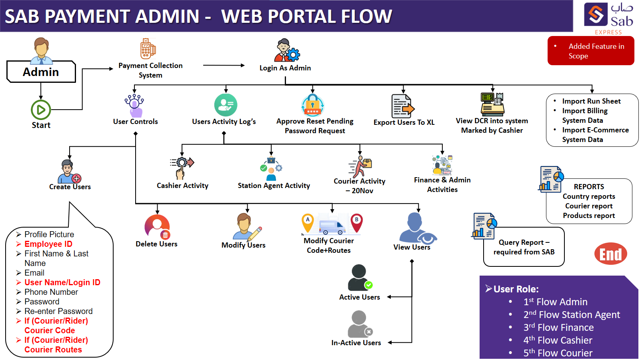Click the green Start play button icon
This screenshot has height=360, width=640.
(x=41, y=110)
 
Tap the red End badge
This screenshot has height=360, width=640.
(x=610, y=254)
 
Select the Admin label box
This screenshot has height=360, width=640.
(x=41, y=72)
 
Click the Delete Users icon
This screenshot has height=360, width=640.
(x=157, y=227)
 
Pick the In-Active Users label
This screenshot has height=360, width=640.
(x=356, y=343)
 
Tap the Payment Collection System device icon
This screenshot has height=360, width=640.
(x=148, y=49)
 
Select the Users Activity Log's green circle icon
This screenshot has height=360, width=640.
(x=226, y=105)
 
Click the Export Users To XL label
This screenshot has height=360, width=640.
(x=404, y=122)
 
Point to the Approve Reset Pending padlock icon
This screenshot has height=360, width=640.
(x=312, y=105)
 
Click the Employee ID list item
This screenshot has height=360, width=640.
(x=48, y=244)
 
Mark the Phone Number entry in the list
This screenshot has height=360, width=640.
(x=51, y=292)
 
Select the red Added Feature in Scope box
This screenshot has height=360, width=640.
(x=591, y=51)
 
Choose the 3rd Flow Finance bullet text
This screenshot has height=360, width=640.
(x=558, y=328)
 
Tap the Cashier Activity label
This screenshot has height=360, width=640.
(x=182, y=186)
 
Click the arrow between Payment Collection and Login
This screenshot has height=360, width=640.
(x=224, y=65)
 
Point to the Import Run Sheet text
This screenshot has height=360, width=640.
(x=591, y=101)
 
